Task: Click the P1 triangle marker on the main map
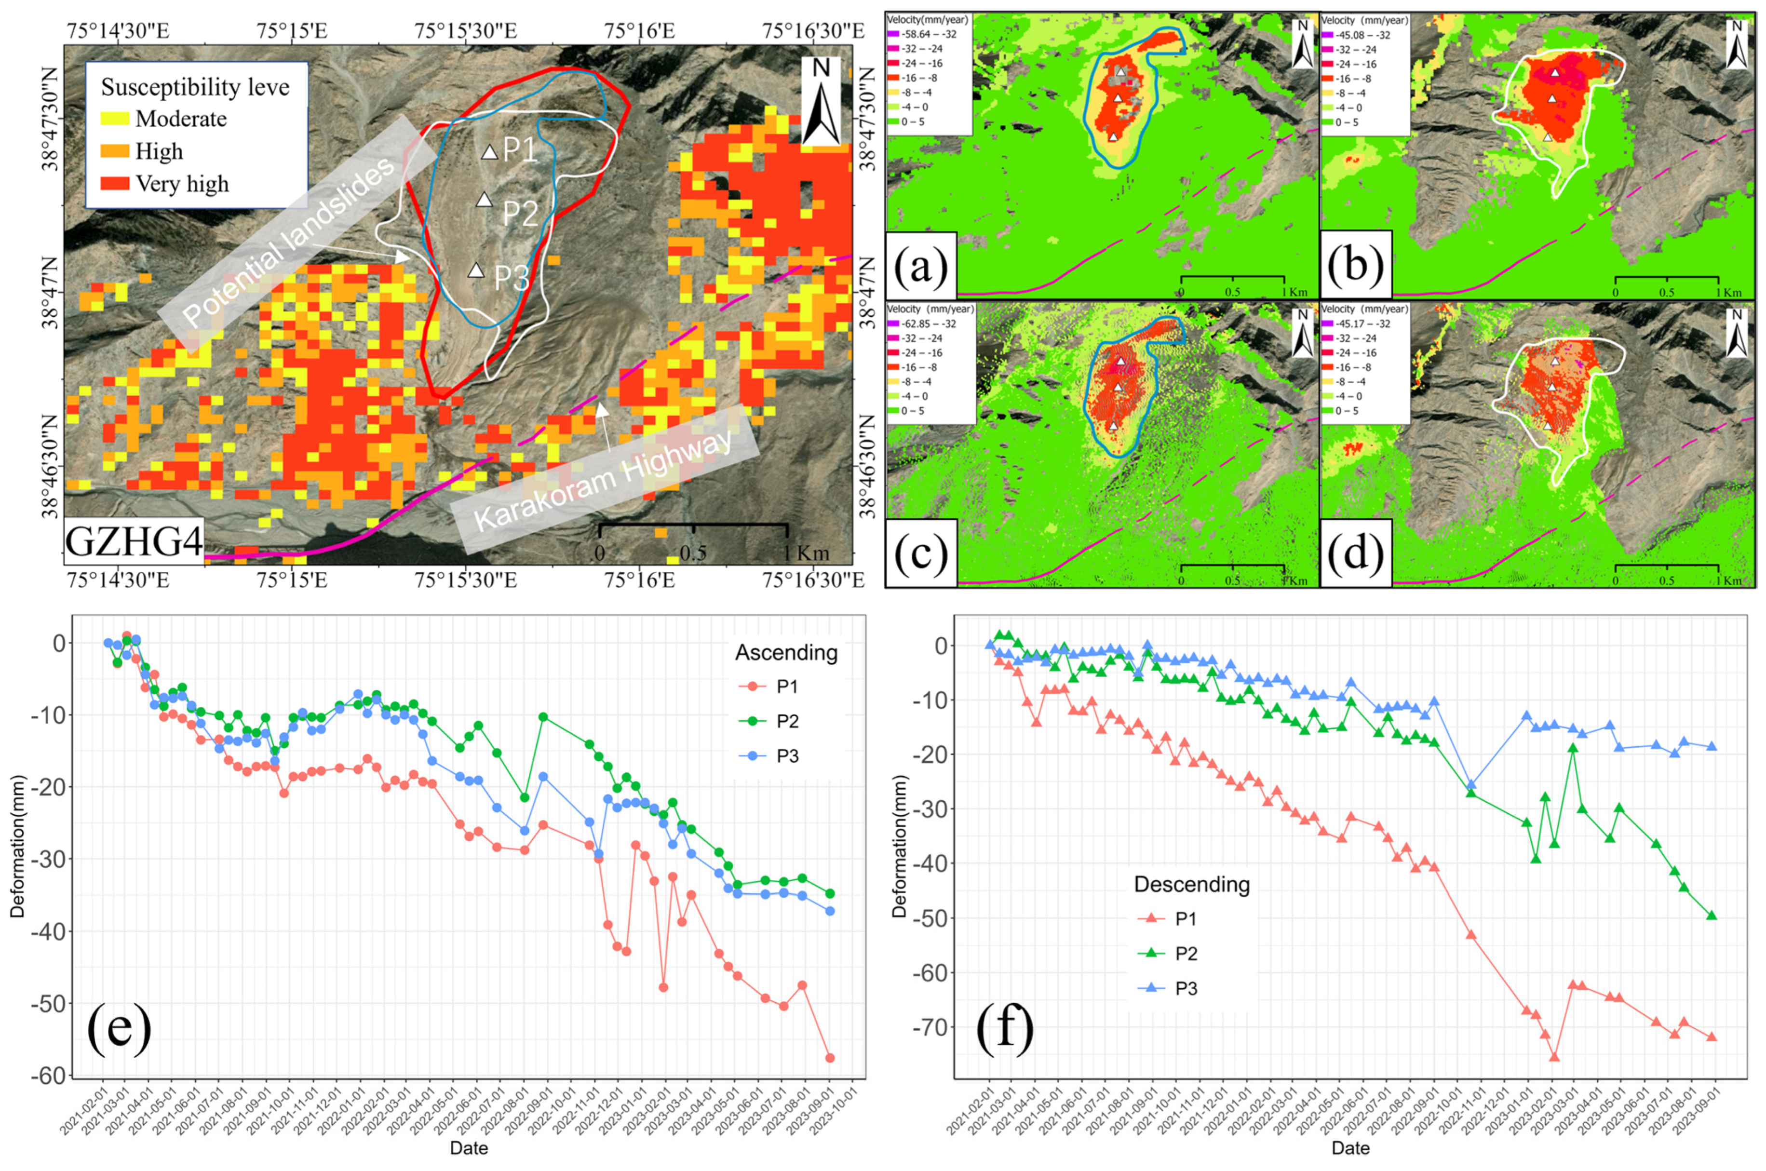[x=489, y=152]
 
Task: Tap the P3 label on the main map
[x=512, y=278]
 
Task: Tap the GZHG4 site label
[x=134, y=541]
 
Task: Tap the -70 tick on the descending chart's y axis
[x=928, y=1028]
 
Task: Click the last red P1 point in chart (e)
[x=830, y=1058]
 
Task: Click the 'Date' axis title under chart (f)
[x=1350, y=1148]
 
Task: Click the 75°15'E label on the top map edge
[x=291, y=31]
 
